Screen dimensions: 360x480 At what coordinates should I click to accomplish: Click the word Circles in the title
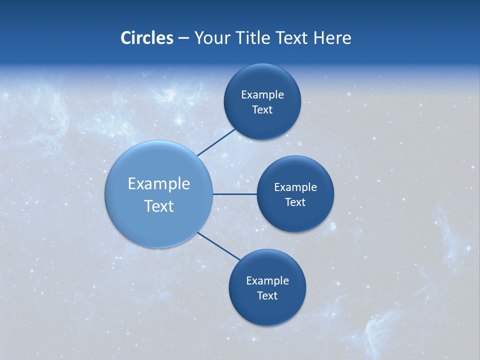[146, 38]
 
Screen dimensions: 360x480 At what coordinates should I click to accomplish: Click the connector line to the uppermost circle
[216, 142]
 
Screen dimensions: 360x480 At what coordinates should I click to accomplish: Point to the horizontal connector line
[235, 194]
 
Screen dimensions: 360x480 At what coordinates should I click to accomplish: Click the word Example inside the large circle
[159, 184]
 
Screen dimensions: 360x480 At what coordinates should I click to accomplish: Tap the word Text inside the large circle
[159, 206]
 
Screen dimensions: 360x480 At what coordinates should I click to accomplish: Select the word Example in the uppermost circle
[262, 94]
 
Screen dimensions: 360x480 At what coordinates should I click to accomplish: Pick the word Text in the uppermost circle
[262, 109]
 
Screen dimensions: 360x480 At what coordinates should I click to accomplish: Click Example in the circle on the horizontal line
[295, 187]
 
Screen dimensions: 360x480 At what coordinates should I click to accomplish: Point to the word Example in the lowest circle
[267, 280]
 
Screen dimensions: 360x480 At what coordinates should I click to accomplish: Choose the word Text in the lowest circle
[267, 295]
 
